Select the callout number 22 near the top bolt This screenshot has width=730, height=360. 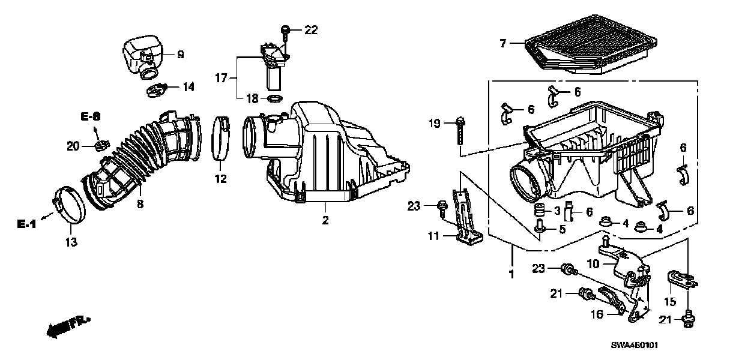(x=311, y=29)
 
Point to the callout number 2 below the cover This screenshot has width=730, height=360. (x=325, y=220)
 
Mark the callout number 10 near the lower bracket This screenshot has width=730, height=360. (x=593, y=262)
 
